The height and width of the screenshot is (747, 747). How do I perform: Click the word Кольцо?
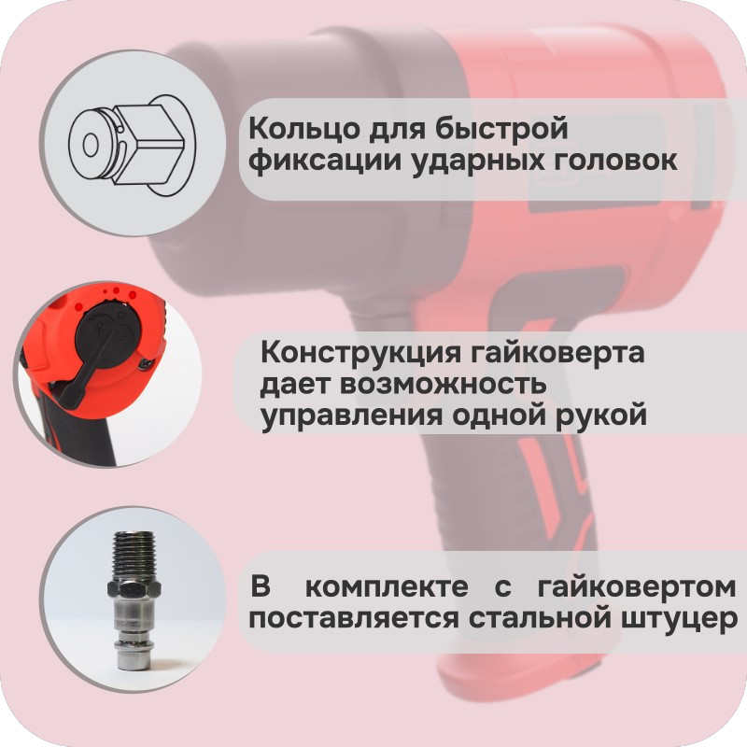(x=300, y=129)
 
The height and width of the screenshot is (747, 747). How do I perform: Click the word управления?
(x=352, y=416)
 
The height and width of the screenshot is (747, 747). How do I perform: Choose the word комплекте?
(x=387, y=587)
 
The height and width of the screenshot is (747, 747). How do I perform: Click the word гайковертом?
(x=637, y=587)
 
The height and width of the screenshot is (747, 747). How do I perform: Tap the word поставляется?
(x=354, y=619)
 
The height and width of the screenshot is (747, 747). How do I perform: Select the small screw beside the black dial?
(x=145, y=363)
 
